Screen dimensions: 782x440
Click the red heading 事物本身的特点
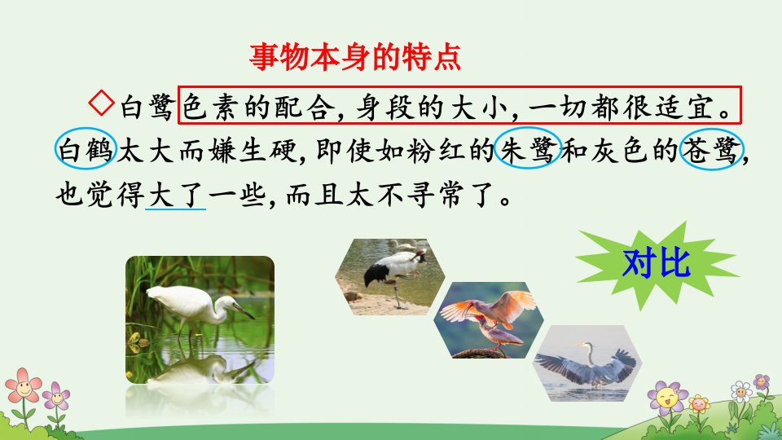354,57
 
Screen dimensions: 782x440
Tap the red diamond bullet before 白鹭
102,103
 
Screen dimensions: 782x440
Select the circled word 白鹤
86,149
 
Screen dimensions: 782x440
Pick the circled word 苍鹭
712,149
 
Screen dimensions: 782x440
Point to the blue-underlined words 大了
175,195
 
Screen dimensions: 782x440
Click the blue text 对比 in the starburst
657,263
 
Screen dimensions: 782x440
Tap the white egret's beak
244,312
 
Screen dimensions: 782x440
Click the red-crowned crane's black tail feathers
377,274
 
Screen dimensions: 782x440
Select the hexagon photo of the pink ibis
488,319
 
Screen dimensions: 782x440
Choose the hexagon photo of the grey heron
587,363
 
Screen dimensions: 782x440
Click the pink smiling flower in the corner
23,385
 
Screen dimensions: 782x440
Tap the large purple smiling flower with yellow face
667,398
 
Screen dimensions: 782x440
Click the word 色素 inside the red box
205,107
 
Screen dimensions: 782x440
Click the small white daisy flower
741,391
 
